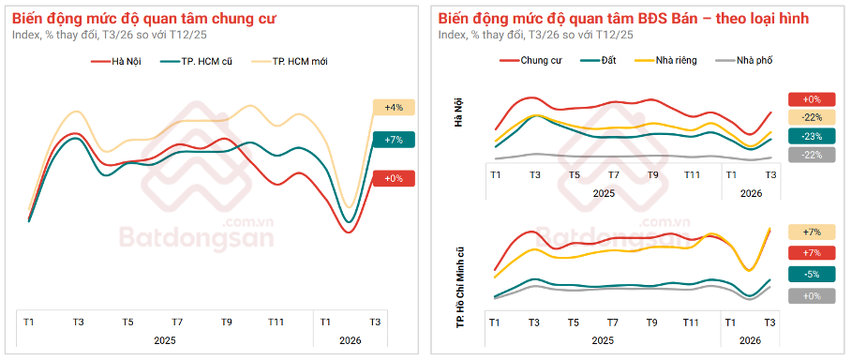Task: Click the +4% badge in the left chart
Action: coord(394,108)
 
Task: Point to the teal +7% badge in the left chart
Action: coord(394,140)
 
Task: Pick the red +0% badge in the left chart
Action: coord(394,178)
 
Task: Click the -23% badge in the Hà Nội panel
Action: coord(812,136)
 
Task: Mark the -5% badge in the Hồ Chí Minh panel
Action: coord(812,275)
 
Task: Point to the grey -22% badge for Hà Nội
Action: coord(812,156)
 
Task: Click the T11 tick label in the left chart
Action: coord(276,322)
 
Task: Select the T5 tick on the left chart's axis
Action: coord(127,322)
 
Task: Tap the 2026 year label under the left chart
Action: coord(351,340)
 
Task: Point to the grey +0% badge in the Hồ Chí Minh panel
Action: coord(812,295)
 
